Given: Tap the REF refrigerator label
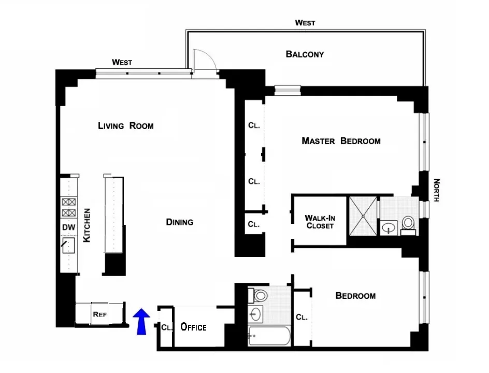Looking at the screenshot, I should click(x=99, y=314).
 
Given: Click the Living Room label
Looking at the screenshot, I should click(x=126, y=125).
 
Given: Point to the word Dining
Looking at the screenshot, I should click(x=180, y=222).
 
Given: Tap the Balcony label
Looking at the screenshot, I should click(x=305, y=54).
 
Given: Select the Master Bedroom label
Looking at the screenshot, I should click(x=341, y=141).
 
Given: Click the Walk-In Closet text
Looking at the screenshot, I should click(x=320, y=222).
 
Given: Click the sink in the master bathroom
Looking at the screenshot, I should click(x=388, y=227).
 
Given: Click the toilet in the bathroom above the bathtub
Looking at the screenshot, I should click(x=260, y=296).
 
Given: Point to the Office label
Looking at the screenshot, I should click(x=193, y=327).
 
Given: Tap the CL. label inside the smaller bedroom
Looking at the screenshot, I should click(x=301, y=317).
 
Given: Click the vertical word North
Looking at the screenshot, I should click(x=436, y=190).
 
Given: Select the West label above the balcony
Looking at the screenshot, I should click(x=305, y=23).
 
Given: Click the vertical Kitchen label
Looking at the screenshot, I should click(x=88, y=225).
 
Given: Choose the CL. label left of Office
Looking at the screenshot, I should click(x=166, y=327).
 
